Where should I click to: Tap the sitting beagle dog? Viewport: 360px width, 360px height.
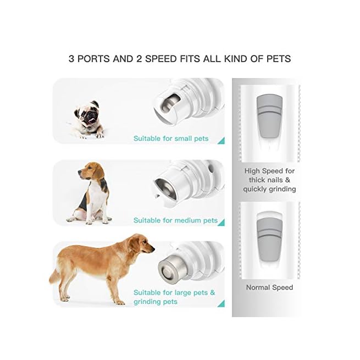pyautogui.click(x=93, y=193)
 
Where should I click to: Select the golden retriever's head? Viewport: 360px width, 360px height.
pyautogui.click(x=142, y=244)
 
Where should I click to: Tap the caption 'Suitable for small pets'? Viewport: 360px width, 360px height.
pyautogui.click(x=171, y=139)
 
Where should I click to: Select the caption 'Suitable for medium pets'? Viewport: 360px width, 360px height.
pyautogui.click(x=175, y=220)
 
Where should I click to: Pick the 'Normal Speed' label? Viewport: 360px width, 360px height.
pyautogui.click(x=269, y=287)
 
